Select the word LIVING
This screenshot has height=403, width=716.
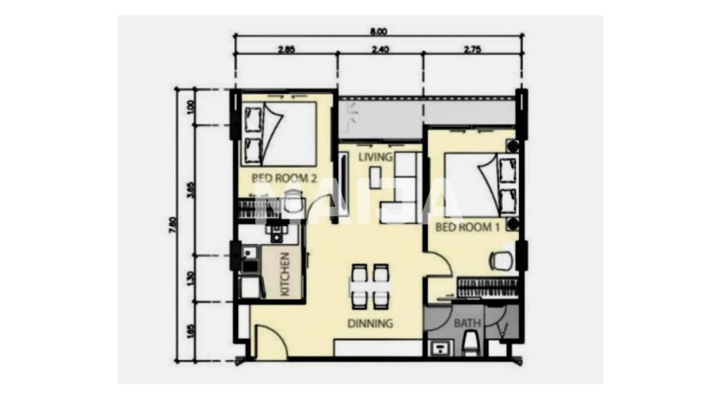tap(375, 156)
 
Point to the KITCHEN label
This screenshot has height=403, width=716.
tap(284, 274)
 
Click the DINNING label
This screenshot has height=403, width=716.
tap(370, 323)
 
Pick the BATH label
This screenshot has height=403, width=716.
tap(467, 323)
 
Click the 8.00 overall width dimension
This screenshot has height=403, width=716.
tap(378, 31)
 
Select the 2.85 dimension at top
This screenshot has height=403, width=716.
tap(286, 49)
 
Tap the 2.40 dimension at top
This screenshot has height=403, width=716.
tap(380, 49)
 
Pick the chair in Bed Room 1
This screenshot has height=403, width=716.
tap(501, 260)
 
